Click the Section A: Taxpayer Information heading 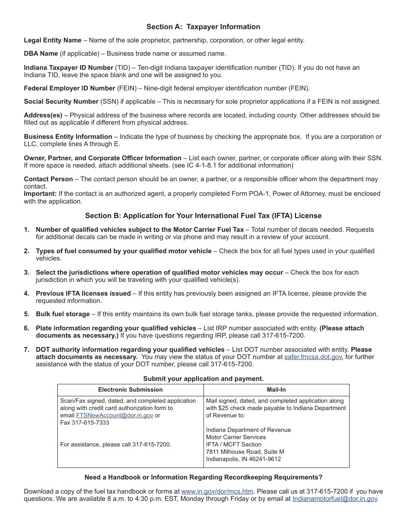pos(203,27)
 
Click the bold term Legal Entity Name pos(53,40)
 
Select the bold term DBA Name pos(41,54)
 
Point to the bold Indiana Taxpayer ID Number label pos(68,68)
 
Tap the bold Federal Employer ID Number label pos(69,88)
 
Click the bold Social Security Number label pos(61,102)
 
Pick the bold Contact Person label pos(48,179)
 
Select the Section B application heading pos(203,216)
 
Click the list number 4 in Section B pos(27,293)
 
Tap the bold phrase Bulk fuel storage pos(63,314)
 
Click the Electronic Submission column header pos(130,390)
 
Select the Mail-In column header pos(276,390)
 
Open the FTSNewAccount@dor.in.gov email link pos(114,416)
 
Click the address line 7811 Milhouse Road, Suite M pos(245,452)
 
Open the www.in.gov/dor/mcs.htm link pos(217,491)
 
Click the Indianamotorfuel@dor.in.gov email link pos(335,499)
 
